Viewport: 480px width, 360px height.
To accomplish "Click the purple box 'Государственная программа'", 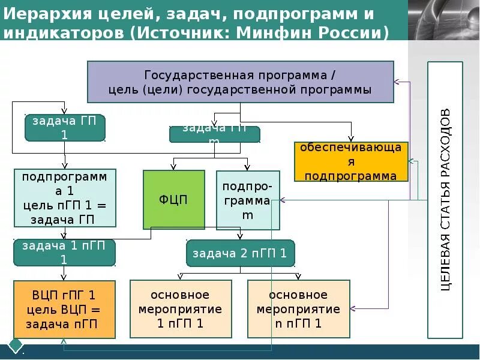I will coord(241,82).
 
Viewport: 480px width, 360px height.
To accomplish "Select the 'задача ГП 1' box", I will coord(65,128).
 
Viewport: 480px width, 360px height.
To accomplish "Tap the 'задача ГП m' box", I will coord(215,134).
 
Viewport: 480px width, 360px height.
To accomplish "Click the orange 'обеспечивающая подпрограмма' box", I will coord(351,161).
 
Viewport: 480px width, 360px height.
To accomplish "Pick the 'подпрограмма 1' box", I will coord(65,198).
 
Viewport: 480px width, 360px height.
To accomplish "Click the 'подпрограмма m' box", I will coord(248,200).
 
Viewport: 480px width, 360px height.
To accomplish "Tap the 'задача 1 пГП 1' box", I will coord(64,253).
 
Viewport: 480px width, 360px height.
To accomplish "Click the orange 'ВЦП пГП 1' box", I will coord(64,310).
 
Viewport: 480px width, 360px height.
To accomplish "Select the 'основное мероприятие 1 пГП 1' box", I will coord(180,310).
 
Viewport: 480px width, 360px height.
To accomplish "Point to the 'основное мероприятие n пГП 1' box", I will coord(298,310).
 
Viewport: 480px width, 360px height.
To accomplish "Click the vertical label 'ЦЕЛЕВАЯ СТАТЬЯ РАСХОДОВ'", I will coord(445,200).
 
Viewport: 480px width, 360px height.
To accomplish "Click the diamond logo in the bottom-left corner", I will coord(15,346).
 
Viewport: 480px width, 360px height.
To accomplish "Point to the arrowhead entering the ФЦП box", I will coord(174,168).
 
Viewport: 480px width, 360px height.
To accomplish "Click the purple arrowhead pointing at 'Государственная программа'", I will coord(397,82).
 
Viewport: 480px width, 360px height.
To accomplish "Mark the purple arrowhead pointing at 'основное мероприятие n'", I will coord(352,309).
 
